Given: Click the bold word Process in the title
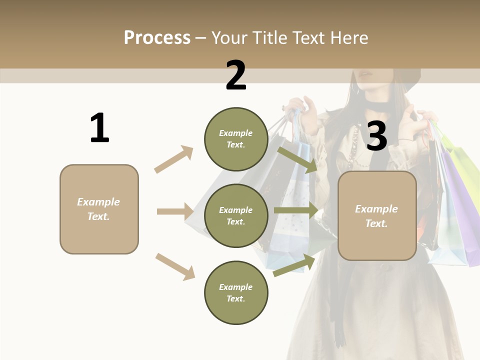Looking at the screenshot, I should point(157,37).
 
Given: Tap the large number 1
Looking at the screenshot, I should point(99,128).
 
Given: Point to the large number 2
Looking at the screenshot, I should point(236,75).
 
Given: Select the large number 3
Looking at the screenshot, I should point(376,136).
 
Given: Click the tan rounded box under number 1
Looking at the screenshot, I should point(99,209).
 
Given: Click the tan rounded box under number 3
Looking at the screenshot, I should point(377,215).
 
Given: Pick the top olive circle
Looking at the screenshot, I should point(236,139).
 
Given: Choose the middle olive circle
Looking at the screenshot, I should point(236,215).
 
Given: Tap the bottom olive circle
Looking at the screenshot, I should point(236,292).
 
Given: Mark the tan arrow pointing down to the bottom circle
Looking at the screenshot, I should point(175,266).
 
